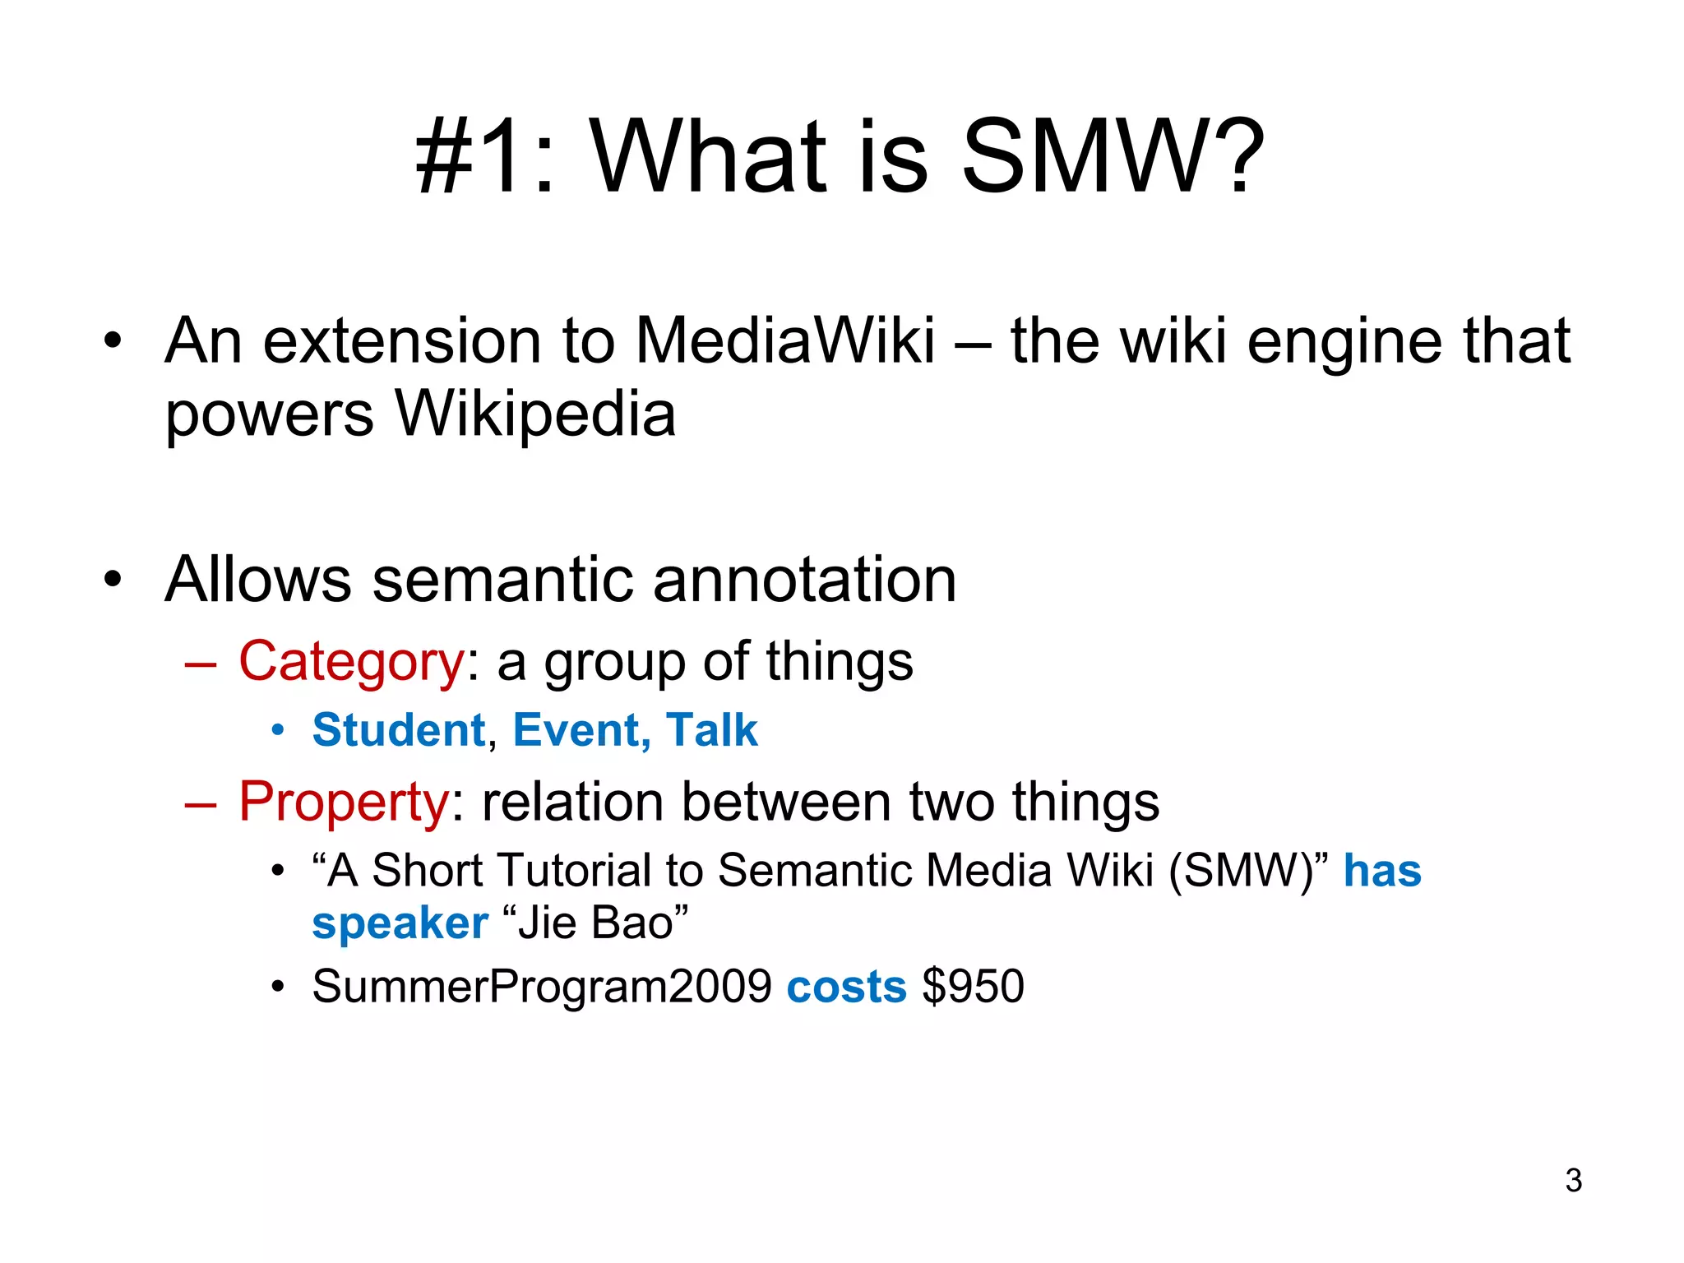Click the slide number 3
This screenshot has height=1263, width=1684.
point(1573,1181)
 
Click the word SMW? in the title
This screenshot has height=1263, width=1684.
point(1113,156)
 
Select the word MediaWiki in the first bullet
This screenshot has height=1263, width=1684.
point(785,340)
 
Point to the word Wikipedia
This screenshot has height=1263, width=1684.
point(535,414)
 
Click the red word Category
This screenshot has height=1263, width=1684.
point(352,661)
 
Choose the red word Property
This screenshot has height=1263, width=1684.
point(344,802)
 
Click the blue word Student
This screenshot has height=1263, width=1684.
point(400,730)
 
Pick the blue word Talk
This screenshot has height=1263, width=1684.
point(712,730)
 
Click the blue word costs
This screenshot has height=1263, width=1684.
point(846,986)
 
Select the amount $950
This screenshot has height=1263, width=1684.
point(974,986)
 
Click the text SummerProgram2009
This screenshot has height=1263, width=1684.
point(542,986)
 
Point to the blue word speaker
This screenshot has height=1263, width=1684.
point(400,923)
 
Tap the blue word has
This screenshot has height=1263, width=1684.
point(1382,871)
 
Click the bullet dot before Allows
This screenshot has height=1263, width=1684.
point(113,579)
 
